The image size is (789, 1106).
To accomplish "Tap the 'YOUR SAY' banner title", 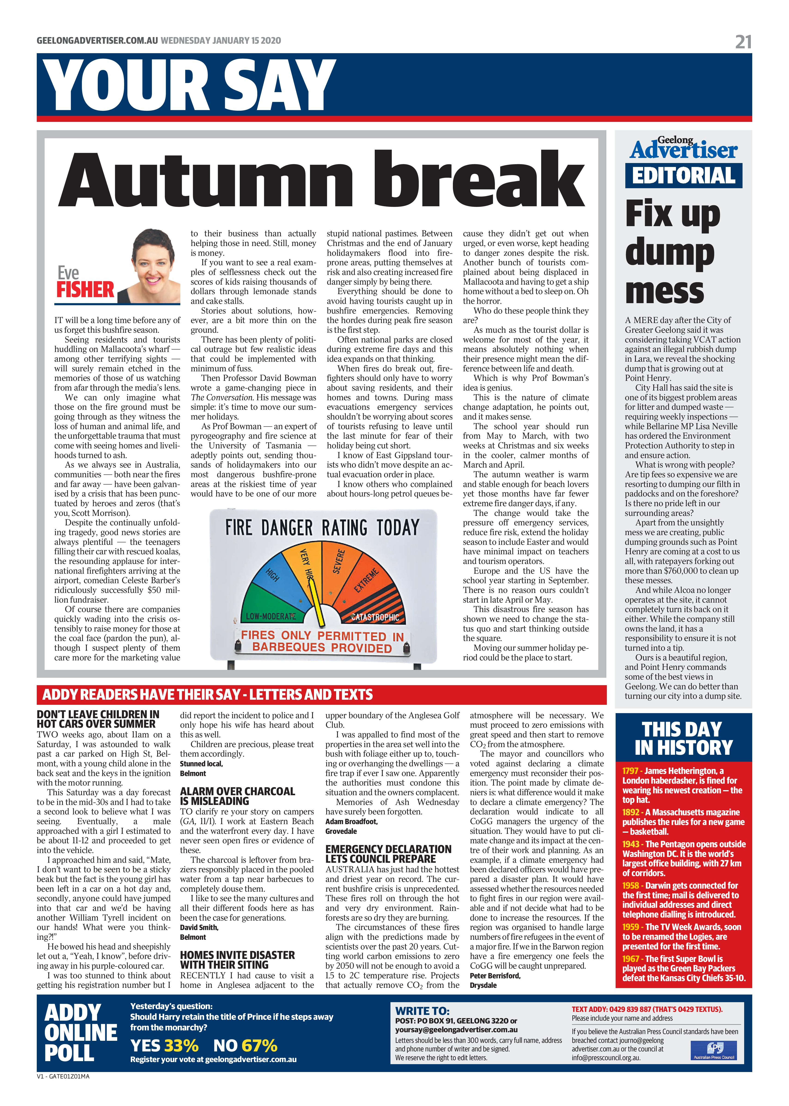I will coord(190,86).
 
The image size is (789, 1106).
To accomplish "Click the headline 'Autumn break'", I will coord(321,181).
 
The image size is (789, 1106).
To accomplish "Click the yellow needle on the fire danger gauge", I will coord(317,603).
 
